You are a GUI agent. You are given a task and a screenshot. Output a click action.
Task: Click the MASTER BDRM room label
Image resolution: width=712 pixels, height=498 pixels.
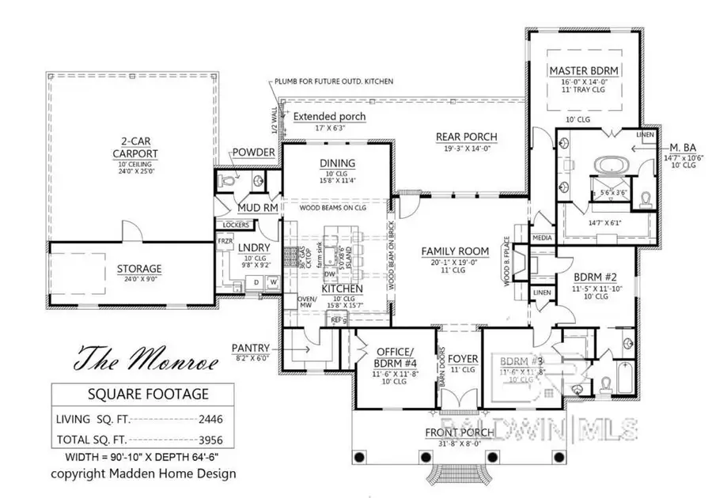click(x=583, y=71)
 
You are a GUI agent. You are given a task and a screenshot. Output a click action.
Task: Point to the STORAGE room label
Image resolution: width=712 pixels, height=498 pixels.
click(x=139, y=269)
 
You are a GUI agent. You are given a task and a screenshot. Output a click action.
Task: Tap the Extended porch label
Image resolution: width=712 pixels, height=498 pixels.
click(x=330, y=117)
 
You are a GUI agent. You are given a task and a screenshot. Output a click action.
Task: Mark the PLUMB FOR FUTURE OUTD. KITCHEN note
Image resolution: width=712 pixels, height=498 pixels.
click(x=334, y=82)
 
